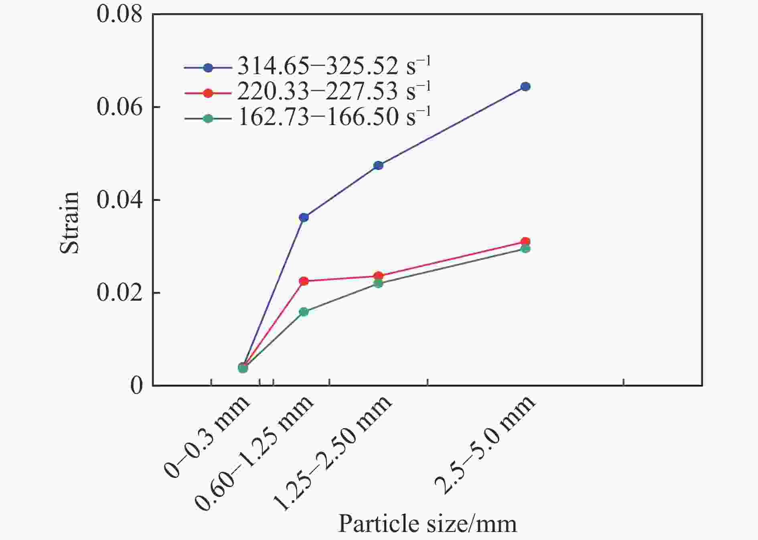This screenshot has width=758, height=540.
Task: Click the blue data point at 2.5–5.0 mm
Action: [525, 87]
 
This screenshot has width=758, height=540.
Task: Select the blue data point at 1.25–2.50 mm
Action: [378, 165]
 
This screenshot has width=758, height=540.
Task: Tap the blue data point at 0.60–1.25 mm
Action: [304, 217]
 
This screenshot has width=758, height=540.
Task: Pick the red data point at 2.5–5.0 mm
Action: [525, 241]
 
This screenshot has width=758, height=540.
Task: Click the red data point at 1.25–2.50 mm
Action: [378, 275]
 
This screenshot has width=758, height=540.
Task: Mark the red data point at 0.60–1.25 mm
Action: [304, 281]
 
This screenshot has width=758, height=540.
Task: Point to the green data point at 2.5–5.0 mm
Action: [525, 249]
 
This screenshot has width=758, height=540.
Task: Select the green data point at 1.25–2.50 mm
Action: [378, 283]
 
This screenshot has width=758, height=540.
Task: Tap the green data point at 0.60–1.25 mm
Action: [304, 312]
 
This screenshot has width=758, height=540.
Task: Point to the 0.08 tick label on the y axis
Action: [120, 14]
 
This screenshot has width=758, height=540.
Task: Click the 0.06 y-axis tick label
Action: [120, 107]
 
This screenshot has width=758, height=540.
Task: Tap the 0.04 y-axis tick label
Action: [120, 200]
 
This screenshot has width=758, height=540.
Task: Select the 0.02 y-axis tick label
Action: [120, 293]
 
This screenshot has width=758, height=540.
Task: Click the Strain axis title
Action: [70, 222]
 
